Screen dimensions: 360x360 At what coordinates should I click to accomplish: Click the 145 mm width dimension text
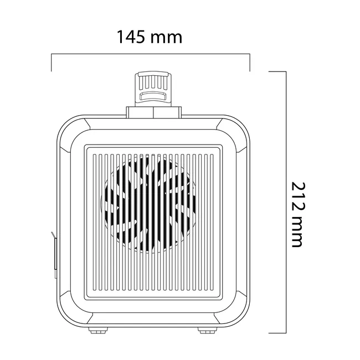(150, 37)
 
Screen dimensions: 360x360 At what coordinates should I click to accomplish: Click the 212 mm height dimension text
(299, 215)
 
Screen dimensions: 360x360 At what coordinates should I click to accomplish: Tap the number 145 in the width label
(131, 37)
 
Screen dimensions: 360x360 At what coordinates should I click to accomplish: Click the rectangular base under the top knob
(154, 112)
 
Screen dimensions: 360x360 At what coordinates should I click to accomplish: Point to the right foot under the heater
(207, 331)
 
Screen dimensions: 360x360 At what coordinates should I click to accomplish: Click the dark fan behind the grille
(150, 204)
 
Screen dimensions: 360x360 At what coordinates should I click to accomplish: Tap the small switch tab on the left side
(55, 254)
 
